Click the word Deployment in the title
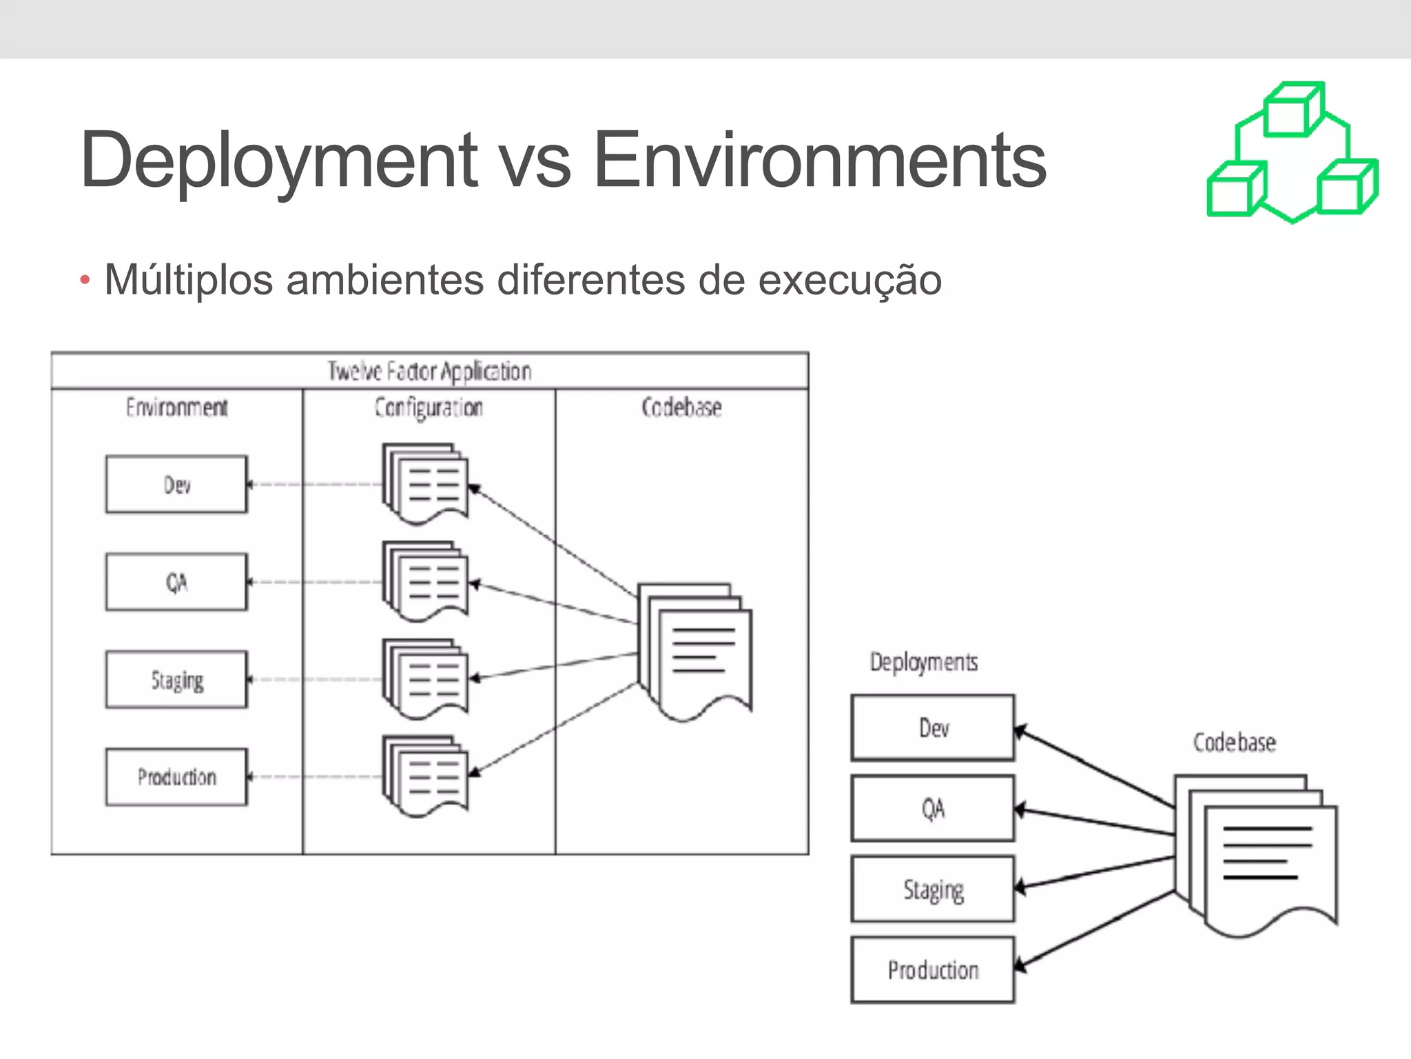pyautogui.click(x=278, y=161)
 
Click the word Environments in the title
pyautogui.click(x=819, y=161)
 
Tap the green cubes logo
pyautogui.click(x=1292, y=153)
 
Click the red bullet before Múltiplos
pyautogui.click(x=85, y=280)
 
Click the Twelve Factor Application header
pyautogui.click(x=429, y=371)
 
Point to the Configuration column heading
pyautogui.click(x=429, y=407)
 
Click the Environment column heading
pyautogui.click(x=176, y=407)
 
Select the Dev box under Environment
pyautogui.click(x=176, y=484)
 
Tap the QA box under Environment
pyautogui.click(x=176, y=582)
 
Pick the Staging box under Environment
pyautogui.click(x=176, y=680)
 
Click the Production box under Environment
pyautogui.click(x=176, y=777)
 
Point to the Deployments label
pyautogui.click(x=923, y=662)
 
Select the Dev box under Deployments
pyautogui.click(x=933, y=727)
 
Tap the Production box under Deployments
pyautogui.click(x=933, y=969)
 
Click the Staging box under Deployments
pyautogui.click(x=933, y=889)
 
